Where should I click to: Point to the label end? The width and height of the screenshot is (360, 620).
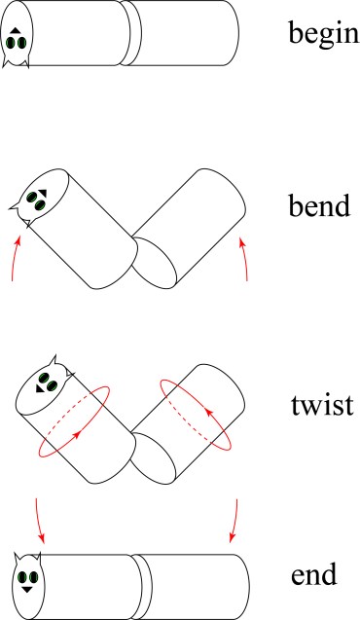click(313, 575)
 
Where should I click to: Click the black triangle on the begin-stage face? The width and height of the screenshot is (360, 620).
click(16, 33)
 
